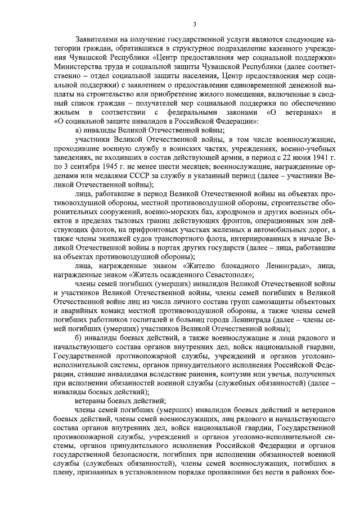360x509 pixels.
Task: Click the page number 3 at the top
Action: point(194,24)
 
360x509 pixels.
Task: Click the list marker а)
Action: point(79,129)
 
